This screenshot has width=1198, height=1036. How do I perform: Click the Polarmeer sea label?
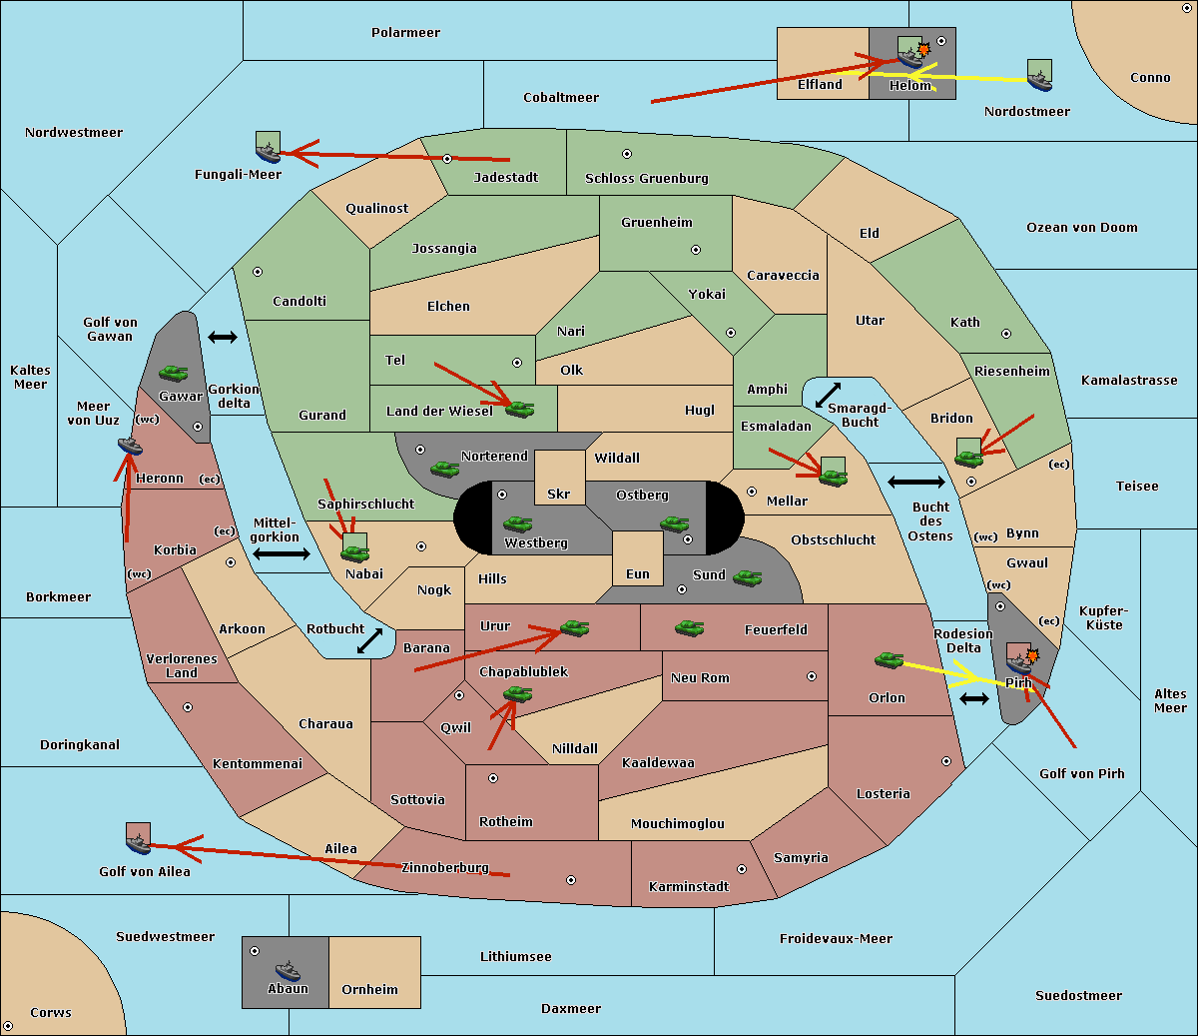click(x=405, y=33)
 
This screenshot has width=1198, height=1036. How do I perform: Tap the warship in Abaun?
click(x=288, y=970)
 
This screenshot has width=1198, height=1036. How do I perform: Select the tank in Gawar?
click(x=173, y=373)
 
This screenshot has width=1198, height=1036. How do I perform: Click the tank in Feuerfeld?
click(x=689, y=628)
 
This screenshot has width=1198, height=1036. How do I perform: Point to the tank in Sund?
click(x=747, y=577)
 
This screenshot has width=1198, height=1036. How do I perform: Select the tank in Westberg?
click(x=517, y=524)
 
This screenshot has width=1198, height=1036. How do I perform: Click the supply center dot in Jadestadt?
click(x=447, y=159)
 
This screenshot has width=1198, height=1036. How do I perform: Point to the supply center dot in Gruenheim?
click(x=696, y=250)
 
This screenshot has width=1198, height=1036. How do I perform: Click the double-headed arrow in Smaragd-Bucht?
click(x=828, y=395)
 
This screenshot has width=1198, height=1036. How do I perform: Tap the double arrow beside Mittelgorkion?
click(x=282, y=553)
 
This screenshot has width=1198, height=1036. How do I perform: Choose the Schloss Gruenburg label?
click(x=647, y=178)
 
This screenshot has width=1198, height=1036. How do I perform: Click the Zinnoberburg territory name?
click(x=445, y=867)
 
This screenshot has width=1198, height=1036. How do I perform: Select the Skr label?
click(x=559, y=494)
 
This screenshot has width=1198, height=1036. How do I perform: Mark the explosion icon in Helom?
click(x=923, y=49)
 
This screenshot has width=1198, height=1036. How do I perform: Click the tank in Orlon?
click(x=889, y=660)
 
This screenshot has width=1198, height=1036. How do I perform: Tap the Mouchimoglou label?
click(x=678, y=823)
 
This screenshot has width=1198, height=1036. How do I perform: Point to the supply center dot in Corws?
click(x=8, y=1026)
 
